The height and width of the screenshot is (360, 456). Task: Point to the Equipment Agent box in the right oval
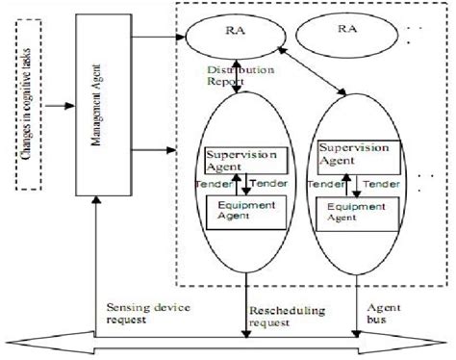359,210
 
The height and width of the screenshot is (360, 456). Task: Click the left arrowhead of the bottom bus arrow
17,339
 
